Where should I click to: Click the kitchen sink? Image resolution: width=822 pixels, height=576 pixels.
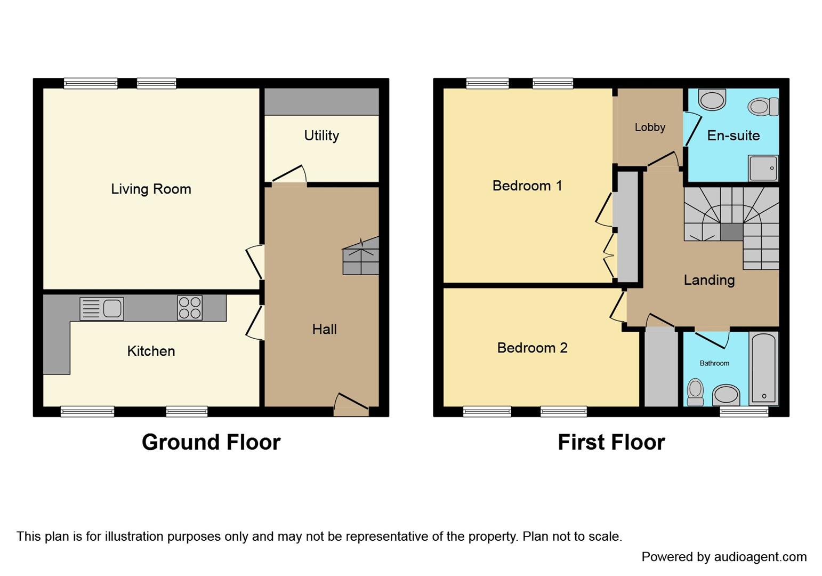[102, 308]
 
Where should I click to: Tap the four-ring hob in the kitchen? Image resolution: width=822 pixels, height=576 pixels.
[190, 308]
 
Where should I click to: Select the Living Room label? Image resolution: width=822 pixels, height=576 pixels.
[151, 189]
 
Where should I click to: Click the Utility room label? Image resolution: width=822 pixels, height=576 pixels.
[321, 135]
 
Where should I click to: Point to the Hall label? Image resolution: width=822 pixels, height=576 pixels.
[325, 329]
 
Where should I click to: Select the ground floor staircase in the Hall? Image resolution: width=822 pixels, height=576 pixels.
[361, 256]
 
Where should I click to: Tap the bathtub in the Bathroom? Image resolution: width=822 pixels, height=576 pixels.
[764, 368]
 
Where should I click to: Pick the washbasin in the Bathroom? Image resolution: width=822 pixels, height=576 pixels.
[726, 395]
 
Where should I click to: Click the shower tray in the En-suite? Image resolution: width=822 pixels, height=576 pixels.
[763, 168]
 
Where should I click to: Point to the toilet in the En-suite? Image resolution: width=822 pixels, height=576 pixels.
[763, 107]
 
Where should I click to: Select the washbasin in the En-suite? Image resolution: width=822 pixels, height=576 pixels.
[712, 99]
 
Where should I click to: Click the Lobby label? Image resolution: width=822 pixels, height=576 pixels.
[650, 127]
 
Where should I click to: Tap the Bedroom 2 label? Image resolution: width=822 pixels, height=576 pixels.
[532, 348]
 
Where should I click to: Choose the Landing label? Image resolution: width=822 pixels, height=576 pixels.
[710, 280]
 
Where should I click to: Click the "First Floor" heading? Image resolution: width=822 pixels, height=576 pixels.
[611, 442]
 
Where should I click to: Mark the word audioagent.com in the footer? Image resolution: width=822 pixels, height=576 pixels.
[760, 557]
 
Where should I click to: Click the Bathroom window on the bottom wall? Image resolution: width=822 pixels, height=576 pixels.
[744, 412]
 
